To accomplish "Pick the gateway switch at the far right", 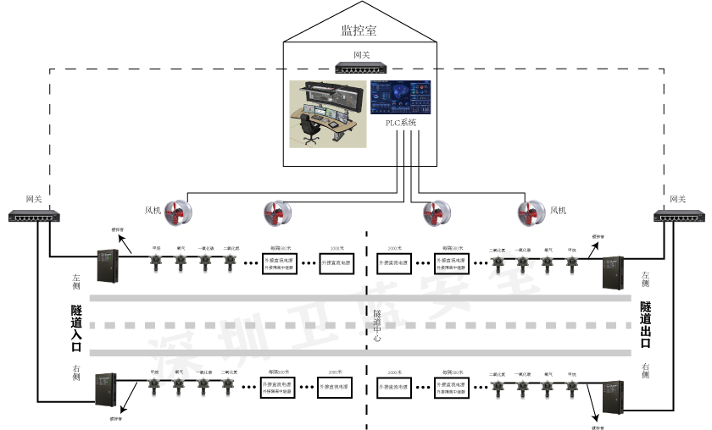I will pyautogui.click(x=677, y=217).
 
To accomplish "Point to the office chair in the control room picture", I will pyautogui.click(x=310, y=127).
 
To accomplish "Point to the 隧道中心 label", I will pyautogui.click(x=377, y=326).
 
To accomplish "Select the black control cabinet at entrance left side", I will pyautogui.click(x=108, y=265).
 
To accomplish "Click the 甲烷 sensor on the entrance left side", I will pyautogui.click(x=156, y=259).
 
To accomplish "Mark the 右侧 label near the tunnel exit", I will pyautogui.click(x=646, y=369).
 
